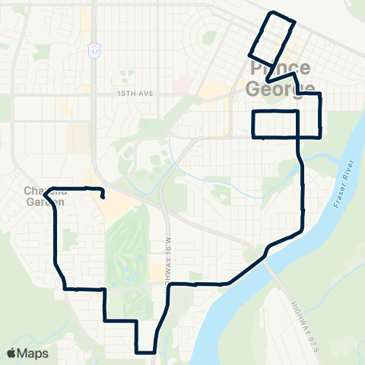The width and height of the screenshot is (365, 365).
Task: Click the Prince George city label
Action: (x=281, y=79)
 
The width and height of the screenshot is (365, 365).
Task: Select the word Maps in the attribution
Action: (x=33, y=353)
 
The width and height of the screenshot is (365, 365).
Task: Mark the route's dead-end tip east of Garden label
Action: (x=102, y=198)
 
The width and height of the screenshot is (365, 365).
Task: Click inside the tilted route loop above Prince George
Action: (x=271, y=39)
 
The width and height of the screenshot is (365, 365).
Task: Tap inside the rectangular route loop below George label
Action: (x=275, y=124)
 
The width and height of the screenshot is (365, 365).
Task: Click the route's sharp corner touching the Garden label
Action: (x=46, y=195)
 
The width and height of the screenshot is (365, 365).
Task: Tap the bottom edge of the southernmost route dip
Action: (x=145, y=352)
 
